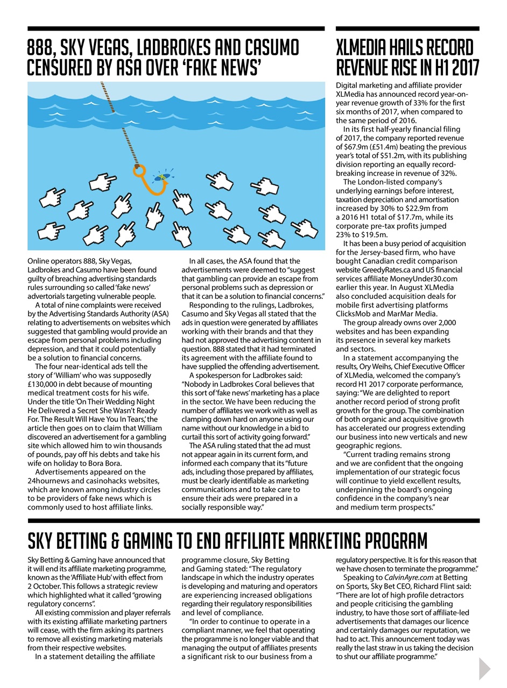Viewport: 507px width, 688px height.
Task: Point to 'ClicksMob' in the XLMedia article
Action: (x=354, y=313)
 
